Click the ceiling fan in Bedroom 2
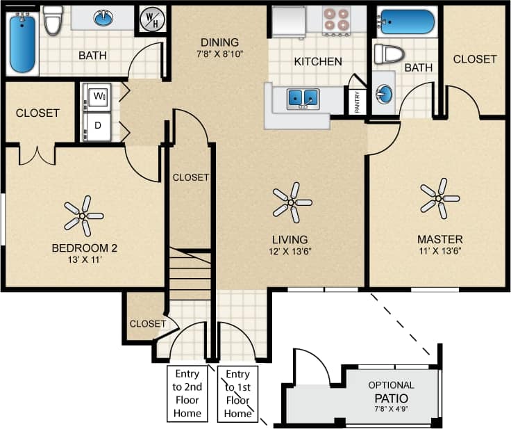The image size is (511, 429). point(84,216)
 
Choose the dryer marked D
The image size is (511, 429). point(98,126)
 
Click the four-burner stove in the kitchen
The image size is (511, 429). point(336,20)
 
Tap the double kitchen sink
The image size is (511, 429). point(303,98)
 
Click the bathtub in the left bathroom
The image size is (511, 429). point(22,44)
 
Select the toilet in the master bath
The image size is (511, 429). point(389,54)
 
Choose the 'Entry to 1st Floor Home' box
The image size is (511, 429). point(237,393)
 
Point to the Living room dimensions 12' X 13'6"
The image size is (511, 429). point(290,252)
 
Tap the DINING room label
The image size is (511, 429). point(219,42)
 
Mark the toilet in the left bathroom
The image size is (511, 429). point(53,21)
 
